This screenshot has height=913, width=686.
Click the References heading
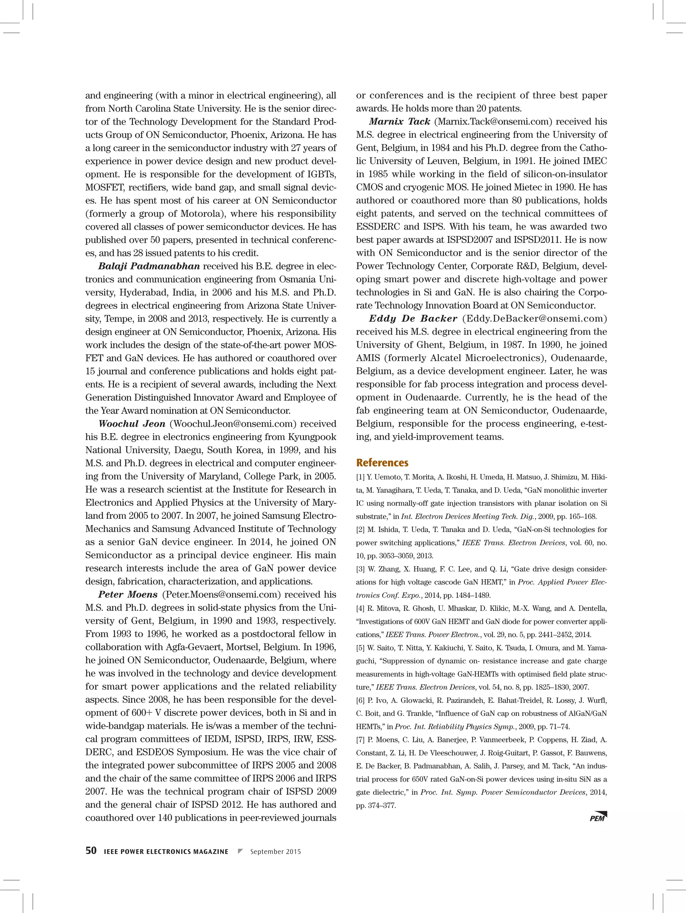pos(382,463)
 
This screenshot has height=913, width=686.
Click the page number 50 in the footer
pos(91,851)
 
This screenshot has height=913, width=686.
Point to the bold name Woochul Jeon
pos(132,424)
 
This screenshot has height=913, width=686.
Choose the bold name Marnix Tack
pos(400,122)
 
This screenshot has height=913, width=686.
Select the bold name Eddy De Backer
pos(413,319)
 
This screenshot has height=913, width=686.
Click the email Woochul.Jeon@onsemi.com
pos(233,424)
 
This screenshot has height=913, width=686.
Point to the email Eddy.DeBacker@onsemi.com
pos(535,319)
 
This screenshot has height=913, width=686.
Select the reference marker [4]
pos(360,609)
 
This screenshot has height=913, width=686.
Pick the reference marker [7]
pos(360,740)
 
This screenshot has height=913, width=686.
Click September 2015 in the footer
pos(276,852)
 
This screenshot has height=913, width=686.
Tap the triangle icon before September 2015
pos(241,851)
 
